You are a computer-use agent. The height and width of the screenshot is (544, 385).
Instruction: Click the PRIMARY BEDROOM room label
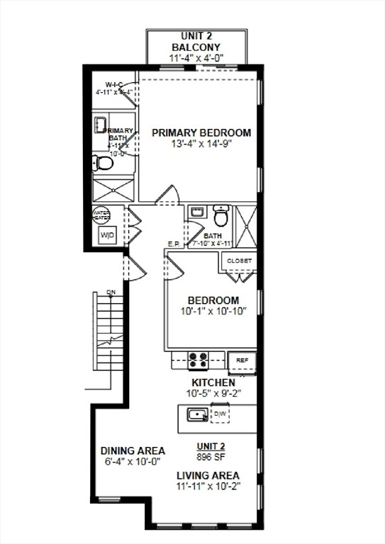tap(201, 132)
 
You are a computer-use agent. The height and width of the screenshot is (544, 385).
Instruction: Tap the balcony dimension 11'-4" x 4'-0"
tap(196, 59)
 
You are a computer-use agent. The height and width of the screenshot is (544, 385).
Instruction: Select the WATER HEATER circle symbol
tap(101, 215)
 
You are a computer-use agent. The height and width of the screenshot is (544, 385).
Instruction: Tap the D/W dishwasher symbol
tap(221, 414)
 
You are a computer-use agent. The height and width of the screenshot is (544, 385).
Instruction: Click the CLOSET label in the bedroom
tap(239, 261)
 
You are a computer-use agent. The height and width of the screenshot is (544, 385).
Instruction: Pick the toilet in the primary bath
tap(103, 164)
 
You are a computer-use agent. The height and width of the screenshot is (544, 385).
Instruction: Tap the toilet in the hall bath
tap(221, 214)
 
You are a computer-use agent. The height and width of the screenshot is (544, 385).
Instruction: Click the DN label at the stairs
tap(111, 292)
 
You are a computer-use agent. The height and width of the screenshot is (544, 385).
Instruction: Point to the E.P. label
tap(174, 244)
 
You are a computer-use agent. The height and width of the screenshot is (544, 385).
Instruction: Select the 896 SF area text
tap(211, 457)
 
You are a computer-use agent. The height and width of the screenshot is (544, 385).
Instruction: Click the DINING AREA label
tap(133, 450)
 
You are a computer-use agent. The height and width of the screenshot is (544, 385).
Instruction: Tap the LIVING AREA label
tap(208, 475)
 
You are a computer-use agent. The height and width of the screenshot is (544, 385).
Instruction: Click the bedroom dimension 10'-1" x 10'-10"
tap(213, 311)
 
